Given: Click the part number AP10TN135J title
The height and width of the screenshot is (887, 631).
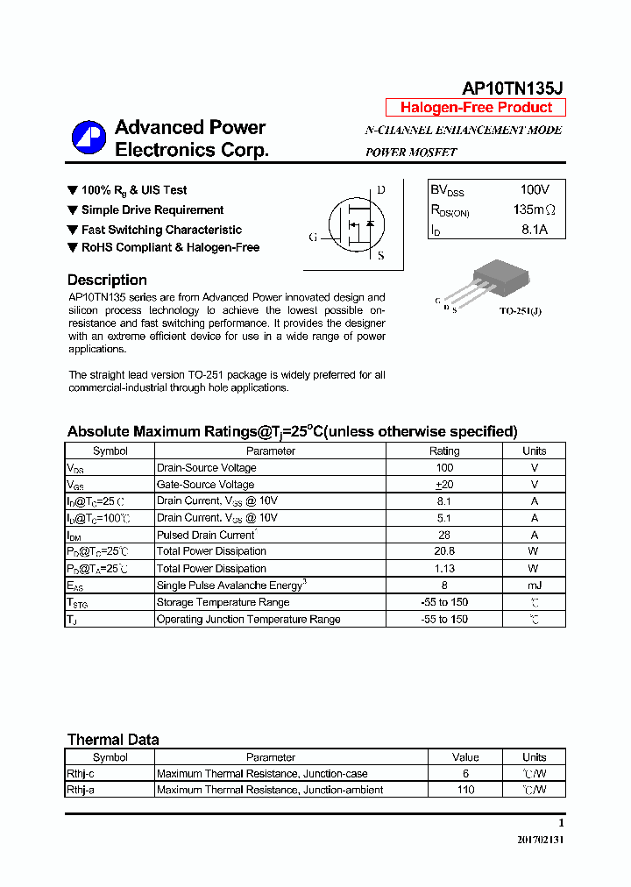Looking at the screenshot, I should (x=513, y=88).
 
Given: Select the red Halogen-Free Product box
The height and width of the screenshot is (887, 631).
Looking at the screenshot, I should (x=476, y=108).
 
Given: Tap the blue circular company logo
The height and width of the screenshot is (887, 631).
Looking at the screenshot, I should (x=89, y=138).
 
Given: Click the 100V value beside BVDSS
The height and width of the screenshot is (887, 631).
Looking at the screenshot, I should (x=534, y=189).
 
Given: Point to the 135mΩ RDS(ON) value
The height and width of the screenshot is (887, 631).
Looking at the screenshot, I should (x=534, y=210).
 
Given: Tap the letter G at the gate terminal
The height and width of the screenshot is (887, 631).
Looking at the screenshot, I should (x=313, y=237).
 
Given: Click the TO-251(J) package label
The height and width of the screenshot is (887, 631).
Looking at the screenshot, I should (x=520, y=311).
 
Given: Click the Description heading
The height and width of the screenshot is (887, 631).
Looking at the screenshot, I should (x=107, y=280).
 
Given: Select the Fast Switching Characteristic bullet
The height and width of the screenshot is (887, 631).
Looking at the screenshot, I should (x=161, y=230).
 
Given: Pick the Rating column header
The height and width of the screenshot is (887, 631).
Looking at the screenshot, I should (x=444, y=451).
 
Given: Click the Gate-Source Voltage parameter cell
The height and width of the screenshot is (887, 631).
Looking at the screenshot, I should (x=205, y=485).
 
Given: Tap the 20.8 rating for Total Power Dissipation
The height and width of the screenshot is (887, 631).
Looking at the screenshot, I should (x=444, y=551).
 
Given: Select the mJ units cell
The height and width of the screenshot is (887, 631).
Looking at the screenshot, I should (x=534, y=585).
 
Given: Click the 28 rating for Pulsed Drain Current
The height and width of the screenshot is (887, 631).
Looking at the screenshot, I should (x=444, y=535).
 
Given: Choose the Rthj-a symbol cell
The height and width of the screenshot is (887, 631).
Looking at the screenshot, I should (x=86, y=790).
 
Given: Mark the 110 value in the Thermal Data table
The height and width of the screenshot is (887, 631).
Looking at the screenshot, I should (x=465, y=790).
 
